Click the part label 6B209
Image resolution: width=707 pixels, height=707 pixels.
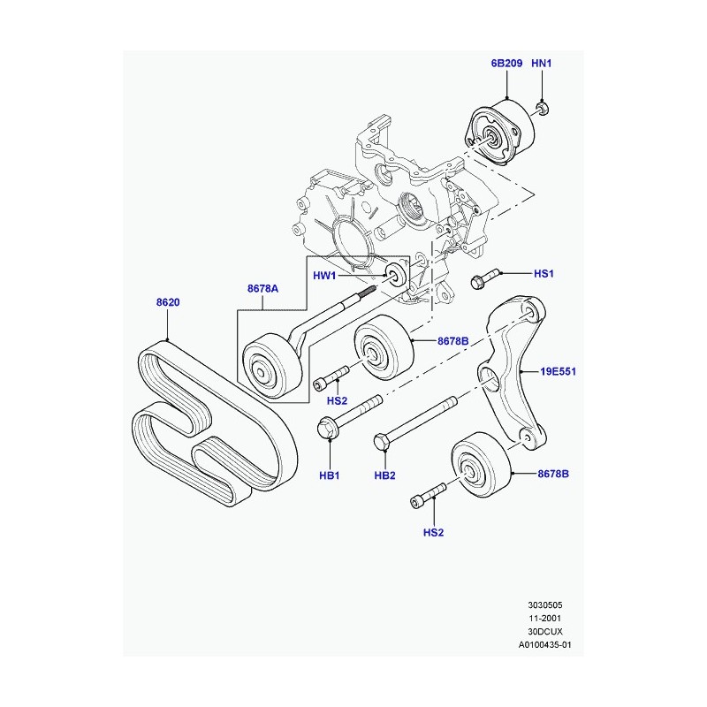point(507,64)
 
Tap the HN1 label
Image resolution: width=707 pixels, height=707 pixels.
point(542,64)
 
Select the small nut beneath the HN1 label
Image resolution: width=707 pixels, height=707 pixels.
point(542,109)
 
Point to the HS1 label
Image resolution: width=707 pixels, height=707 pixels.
point(543,274)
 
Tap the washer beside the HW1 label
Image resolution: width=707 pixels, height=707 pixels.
point(396,275)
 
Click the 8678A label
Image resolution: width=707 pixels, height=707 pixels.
point(262,288)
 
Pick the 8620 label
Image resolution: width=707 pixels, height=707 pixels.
point(168,302)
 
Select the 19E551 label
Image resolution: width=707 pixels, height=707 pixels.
point(558,372)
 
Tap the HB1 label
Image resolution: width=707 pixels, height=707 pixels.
point(329,475)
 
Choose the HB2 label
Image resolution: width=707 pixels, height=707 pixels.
point(384,475)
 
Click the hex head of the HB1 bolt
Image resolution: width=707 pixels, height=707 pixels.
point(326,430)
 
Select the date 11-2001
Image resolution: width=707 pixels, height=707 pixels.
point(541,618)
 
